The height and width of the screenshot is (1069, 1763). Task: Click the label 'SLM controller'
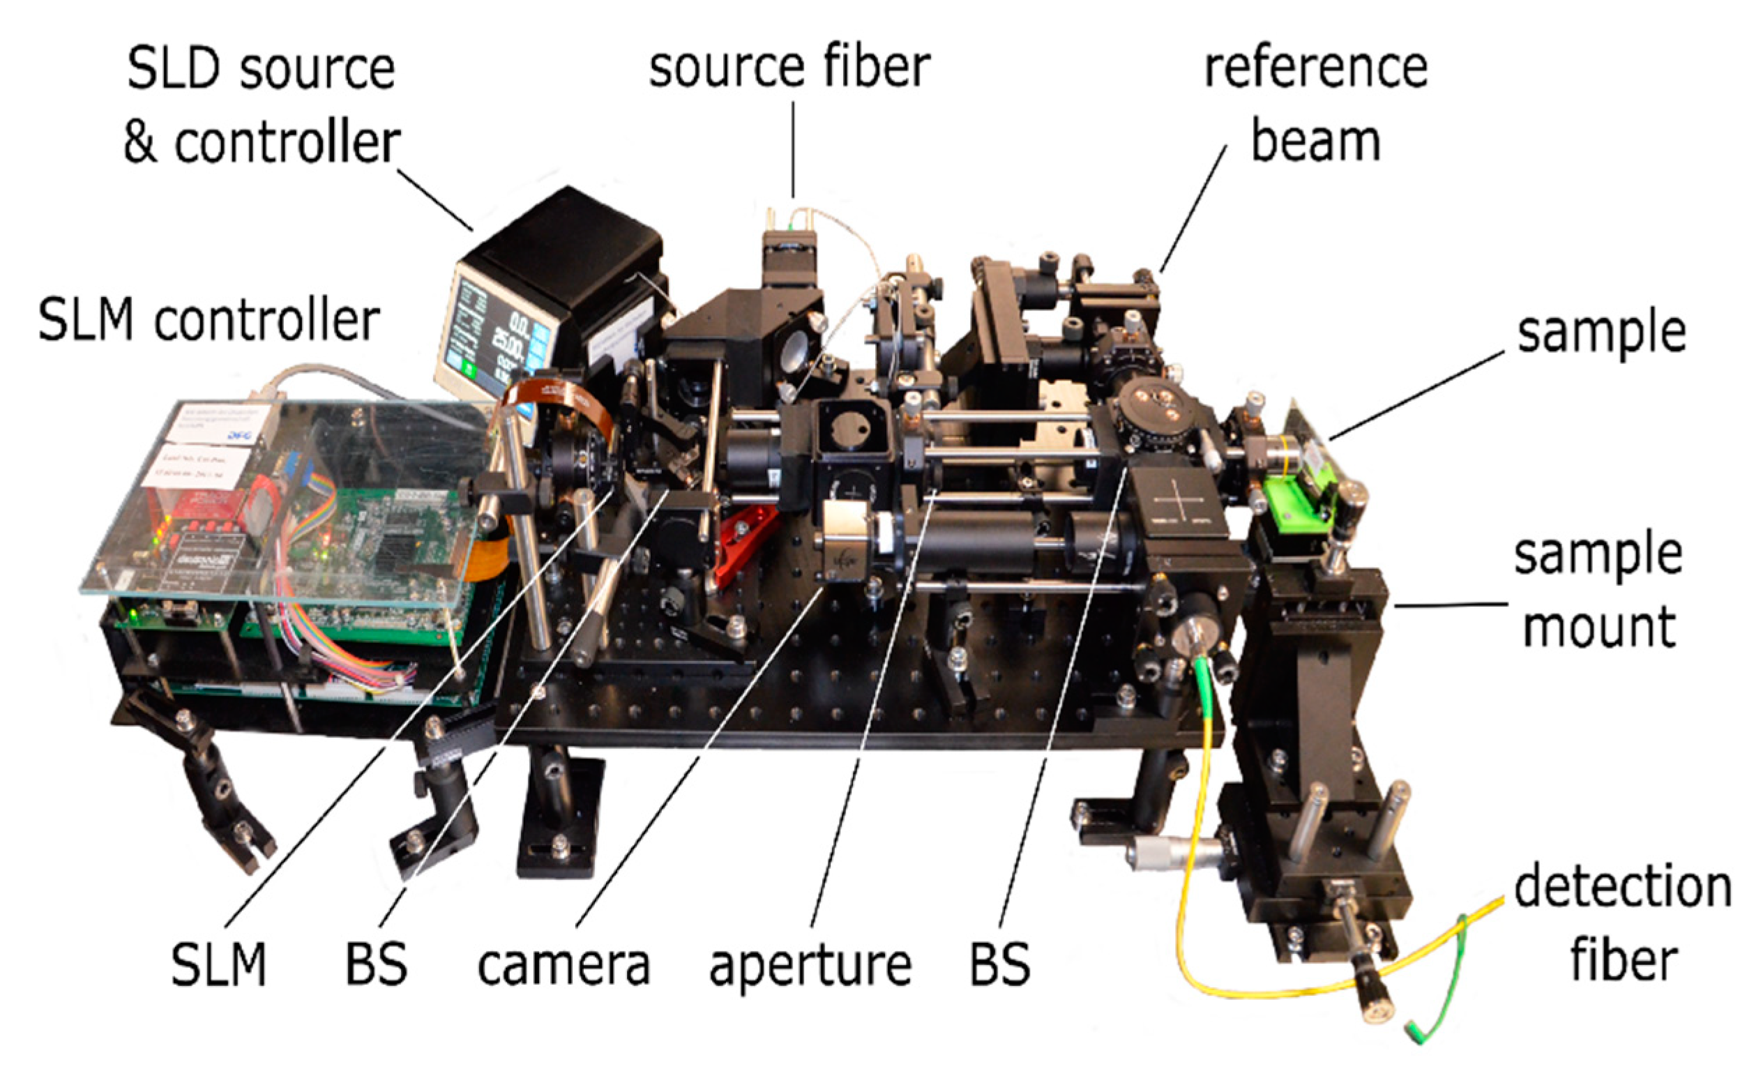209,321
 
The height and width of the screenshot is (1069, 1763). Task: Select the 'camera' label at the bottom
563,965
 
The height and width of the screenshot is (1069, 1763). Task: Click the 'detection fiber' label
1623,923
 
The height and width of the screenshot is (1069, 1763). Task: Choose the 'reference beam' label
1316,104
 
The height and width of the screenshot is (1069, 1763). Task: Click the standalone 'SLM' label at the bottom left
219,965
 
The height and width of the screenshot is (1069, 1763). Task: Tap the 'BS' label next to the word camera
377,965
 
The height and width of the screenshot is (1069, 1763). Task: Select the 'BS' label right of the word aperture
1000,965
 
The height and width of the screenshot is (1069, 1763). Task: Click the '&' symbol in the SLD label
140,143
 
